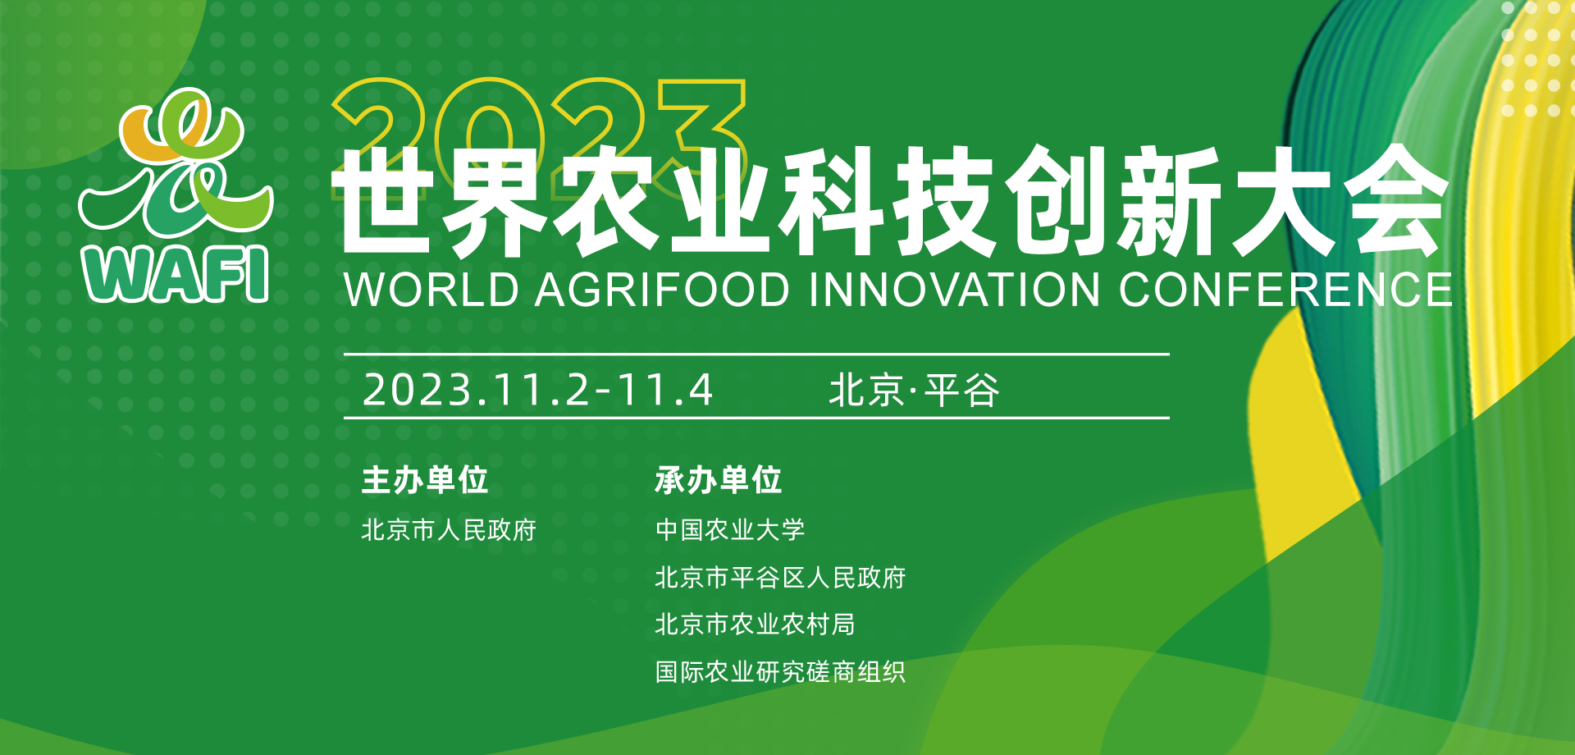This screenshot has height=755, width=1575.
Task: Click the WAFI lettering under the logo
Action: tap(176, 274)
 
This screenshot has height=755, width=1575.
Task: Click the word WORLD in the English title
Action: tap(431, 290)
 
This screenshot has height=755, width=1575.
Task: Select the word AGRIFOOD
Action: tap(663, 290)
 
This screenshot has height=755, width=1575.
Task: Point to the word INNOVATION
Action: tap(954, 290)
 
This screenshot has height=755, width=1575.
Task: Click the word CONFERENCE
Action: tap(1285, 290)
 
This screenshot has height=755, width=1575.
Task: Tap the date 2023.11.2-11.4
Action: tap(538, 390)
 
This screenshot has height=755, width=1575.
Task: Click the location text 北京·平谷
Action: tap(914, 390)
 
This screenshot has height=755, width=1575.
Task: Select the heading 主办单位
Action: tap(425, 480)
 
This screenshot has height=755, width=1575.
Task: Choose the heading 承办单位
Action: tap(719, 480)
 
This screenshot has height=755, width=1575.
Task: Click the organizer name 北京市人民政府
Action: tap(449, 530)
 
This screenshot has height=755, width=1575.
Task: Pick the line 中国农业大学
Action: tap(730, 530)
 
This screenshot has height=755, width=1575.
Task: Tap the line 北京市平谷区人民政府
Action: tap(780, 578)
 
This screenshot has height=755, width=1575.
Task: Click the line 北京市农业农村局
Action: tap(755, 625)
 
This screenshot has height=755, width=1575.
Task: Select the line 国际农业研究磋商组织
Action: tap(780, 672)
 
